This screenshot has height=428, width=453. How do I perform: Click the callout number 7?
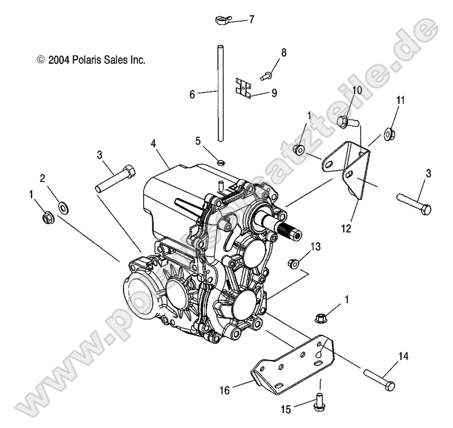click(252, 19)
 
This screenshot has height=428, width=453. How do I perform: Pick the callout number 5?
click(198, 141)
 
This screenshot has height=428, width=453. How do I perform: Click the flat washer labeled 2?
click(63, 207)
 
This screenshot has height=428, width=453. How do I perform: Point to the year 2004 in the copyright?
click(59, 60)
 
